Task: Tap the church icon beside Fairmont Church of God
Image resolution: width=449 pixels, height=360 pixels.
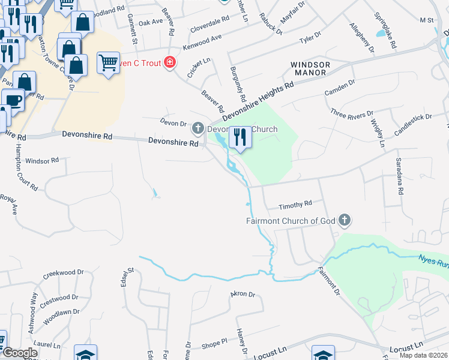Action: (344, 220)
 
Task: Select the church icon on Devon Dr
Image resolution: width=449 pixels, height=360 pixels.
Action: (198, 128)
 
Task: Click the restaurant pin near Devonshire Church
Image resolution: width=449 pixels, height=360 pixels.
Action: (240, 137)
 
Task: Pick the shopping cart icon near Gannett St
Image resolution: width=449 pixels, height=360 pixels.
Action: (108, 62)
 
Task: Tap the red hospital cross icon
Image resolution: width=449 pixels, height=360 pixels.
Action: (170, 62)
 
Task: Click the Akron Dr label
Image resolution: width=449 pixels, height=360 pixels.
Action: (243, 295)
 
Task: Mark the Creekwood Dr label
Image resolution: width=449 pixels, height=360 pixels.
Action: (63, 275)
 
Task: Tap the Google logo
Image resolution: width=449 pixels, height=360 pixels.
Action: (20, 353)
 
